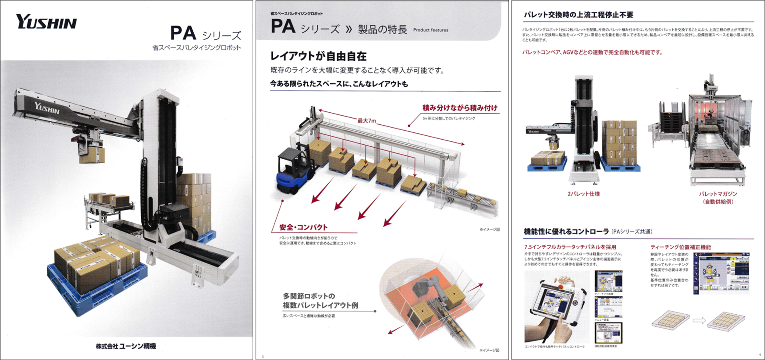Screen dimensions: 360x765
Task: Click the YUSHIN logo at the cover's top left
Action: coord(46,22)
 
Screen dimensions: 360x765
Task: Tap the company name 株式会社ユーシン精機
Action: coord(126,346)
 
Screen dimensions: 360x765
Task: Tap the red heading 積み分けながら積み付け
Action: coord(460,108)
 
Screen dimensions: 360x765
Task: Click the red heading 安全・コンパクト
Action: coord(303,227)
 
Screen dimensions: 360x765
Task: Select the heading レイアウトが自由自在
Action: coord(318,56)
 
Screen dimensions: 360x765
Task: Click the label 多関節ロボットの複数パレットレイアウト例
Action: coord(320,301)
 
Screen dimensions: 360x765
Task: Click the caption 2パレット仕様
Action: coord(583,194)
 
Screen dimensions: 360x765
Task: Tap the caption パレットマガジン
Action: coord(718,194)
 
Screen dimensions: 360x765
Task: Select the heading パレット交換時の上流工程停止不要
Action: coord(578,15)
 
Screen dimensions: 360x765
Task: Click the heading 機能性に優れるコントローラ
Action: coord(566,231)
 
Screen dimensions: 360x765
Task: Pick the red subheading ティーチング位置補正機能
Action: coord(680,247)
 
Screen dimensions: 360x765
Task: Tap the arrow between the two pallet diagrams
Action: coord(699,320)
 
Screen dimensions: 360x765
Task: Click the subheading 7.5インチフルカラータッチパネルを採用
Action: coord(570,247)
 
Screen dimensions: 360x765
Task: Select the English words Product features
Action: coord(430,30)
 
